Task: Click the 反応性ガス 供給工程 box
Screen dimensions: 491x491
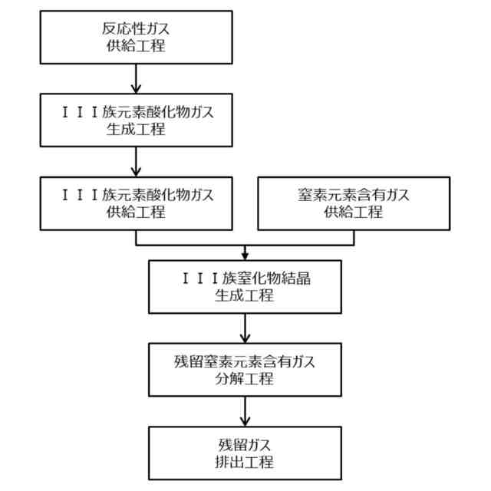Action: click(136, 38)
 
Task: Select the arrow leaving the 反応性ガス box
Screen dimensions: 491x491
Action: click(136, 77)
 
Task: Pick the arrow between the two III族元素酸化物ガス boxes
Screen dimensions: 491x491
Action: click(136, 161)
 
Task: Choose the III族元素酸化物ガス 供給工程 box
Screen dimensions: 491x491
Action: click(136, 203)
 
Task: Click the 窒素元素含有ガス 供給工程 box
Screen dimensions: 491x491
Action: click(353, 203)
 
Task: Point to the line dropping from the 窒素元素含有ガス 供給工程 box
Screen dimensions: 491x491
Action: click(354, 237)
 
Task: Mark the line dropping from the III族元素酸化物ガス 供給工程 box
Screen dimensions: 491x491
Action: click(136, 237)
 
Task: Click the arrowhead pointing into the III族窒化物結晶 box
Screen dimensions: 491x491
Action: click(245, 255)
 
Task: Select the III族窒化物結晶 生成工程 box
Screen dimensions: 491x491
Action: click(245, 287)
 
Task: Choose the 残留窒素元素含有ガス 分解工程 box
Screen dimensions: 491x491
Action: click(245, 369)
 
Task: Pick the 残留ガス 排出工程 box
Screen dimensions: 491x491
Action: click(245, 453)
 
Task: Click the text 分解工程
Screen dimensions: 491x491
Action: click(245, 378)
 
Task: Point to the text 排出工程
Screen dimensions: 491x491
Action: click(245, 462)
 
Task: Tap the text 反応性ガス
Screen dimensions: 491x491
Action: click(136, 29)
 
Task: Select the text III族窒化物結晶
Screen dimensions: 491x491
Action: click(245, 278)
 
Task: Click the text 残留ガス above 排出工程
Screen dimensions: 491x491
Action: click(245, 444)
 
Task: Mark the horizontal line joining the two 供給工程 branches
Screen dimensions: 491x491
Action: click(245, 245)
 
